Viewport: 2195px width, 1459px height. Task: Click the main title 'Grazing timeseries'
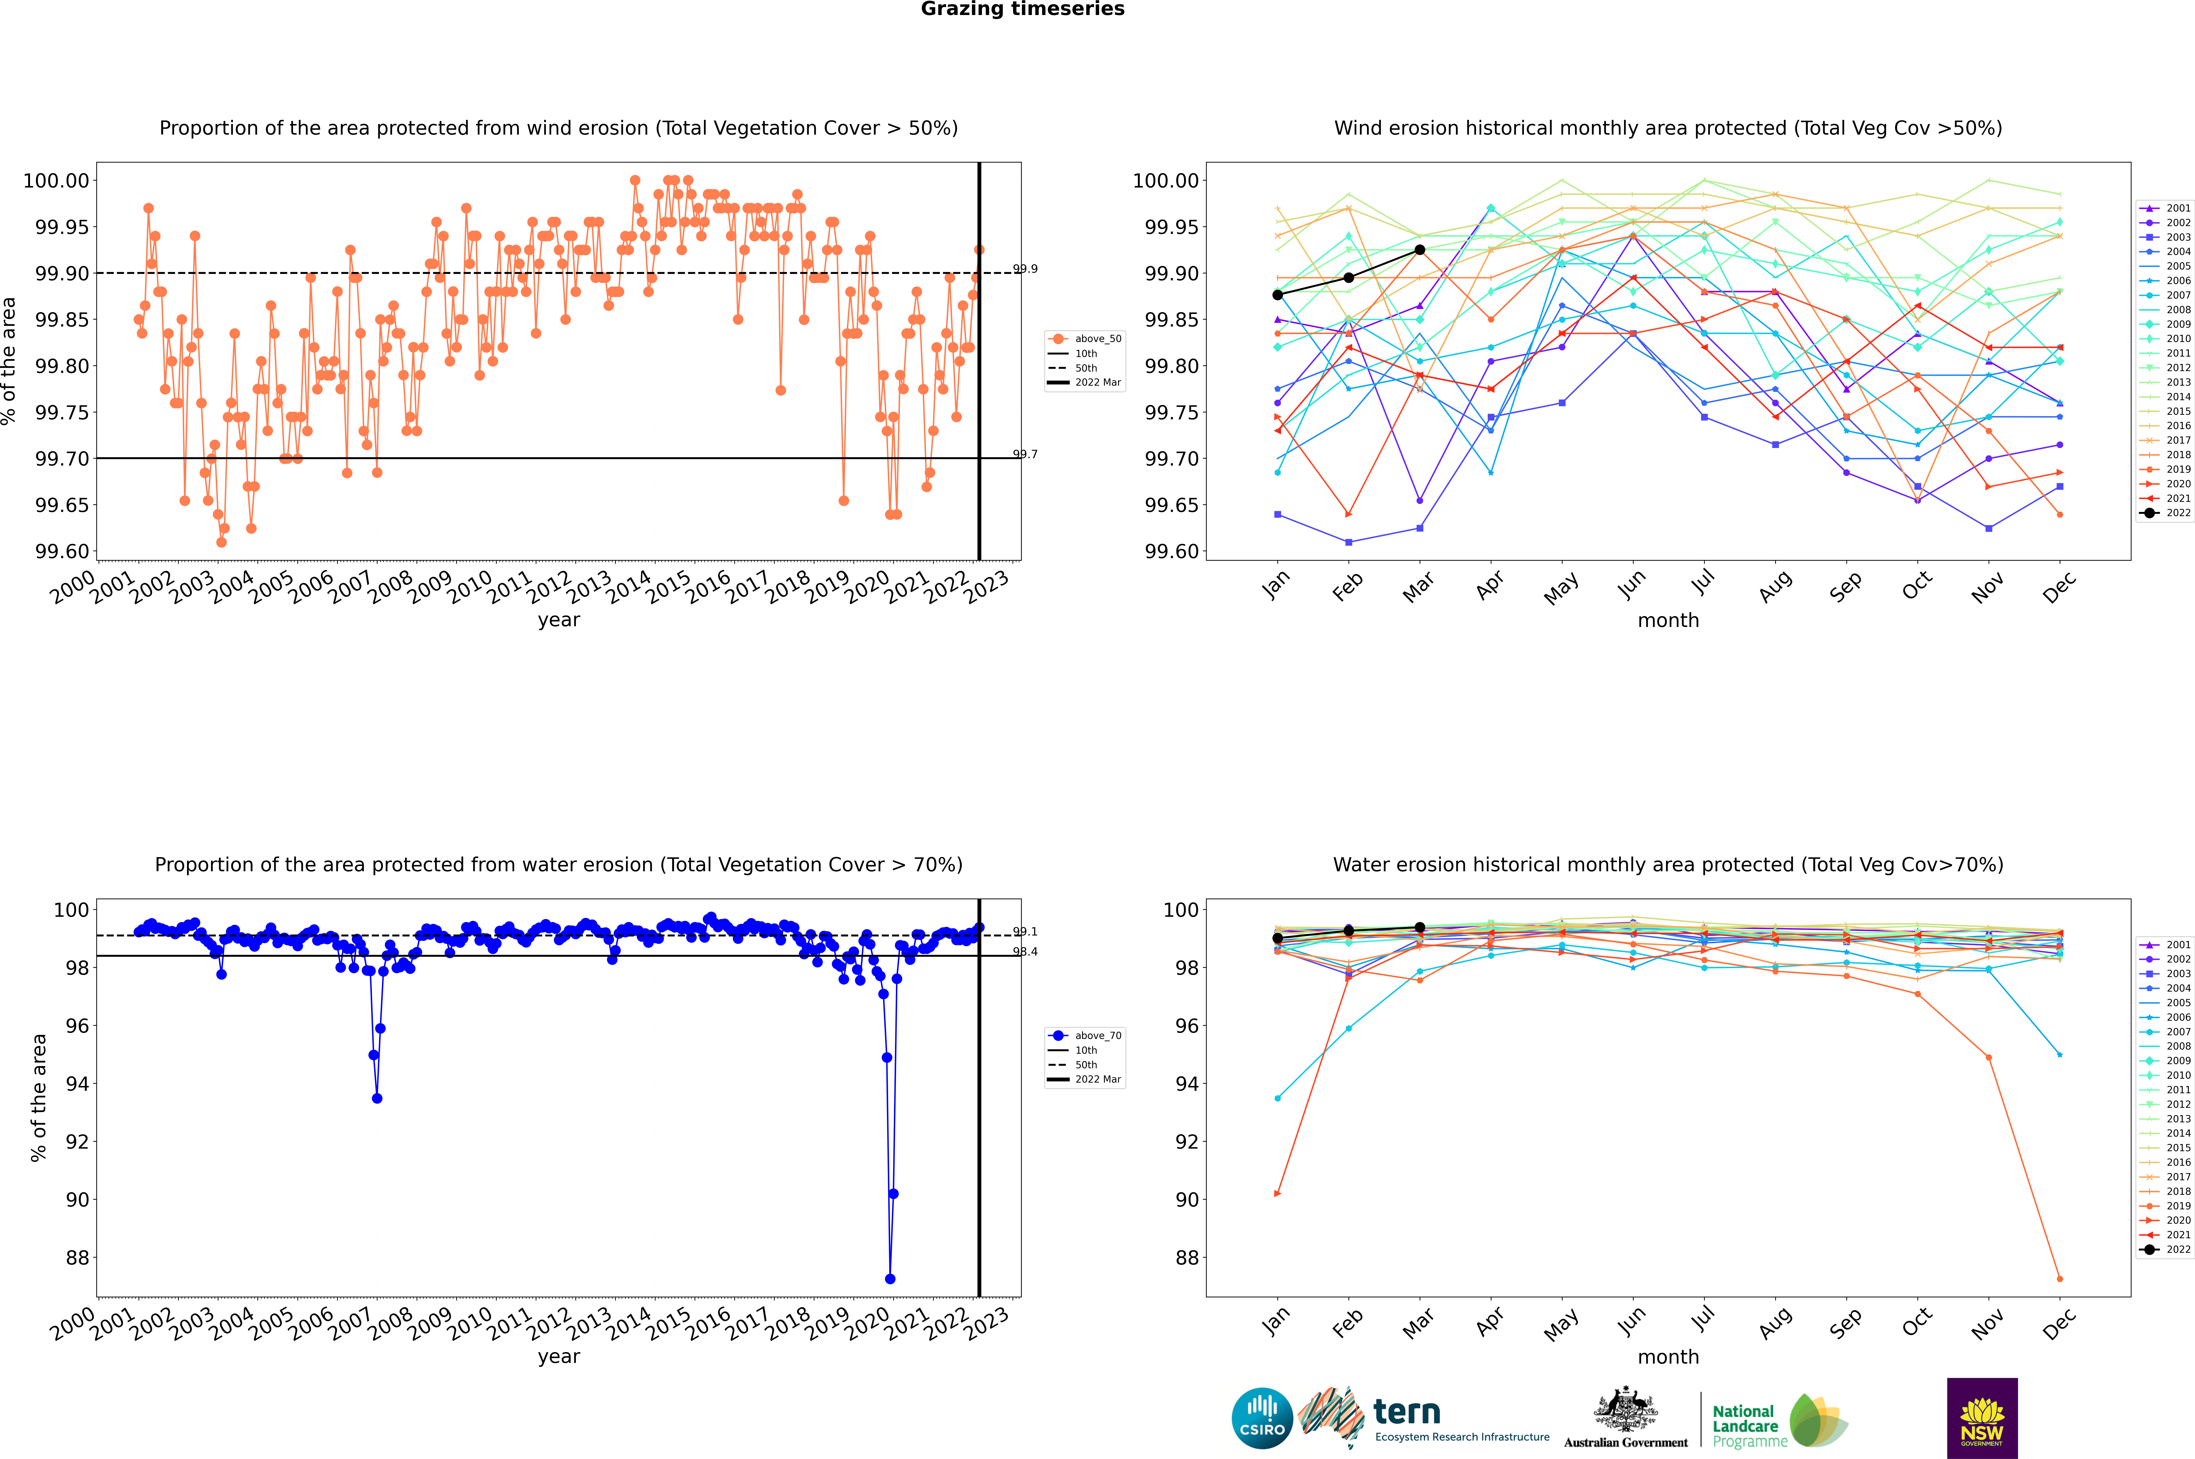tap(1023, 9)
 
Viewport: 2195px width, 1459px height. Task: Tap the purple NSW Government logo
tap(1982, 1418)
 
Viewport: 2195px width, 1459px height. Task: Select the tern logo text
tap(1407, 1413)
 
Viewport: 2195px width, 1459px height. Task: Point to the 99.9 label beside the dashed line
tap(1025, 269)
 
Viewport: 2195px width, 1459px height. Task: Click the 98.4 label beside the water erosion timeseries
tap(1025, 952)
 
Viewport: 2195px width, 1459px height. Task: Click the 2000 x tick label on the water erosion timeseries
tap(73, 1323)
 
